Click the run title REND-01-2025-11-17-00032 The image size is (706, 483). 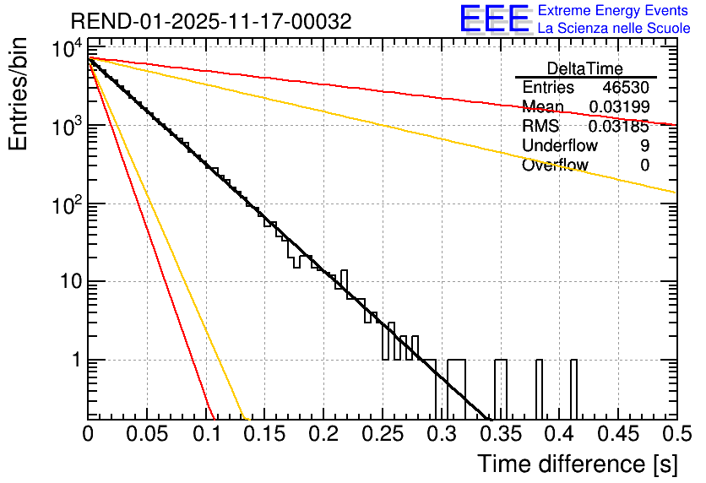(x=211, y=20)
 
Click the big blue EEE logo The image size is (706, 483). (x=494, y=19)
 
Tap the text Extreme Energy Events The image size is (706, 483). (x=614, y=11)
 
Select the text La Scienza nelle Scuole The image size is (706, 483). (x=614, y=28)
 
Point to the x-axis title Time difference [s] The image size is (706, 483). (x=576, y=464)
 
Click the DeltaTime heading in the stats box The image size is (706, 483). (x=585, y=68)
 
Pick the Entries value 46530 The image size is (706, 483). (x=626, y=88)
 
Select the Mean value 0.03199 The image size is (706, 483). (x=619, y=107)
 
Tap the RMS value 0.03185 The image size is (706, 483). (x=619, y=127)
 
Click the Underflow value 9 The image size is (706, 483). (x=645, y=146)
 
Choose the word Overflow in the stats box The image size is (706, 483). (x=555, y=166)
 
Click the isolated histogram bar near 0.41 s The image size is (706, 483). (x=573, y=388)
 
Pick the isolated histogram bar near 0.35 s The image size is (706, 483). (x=501, y=388)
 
